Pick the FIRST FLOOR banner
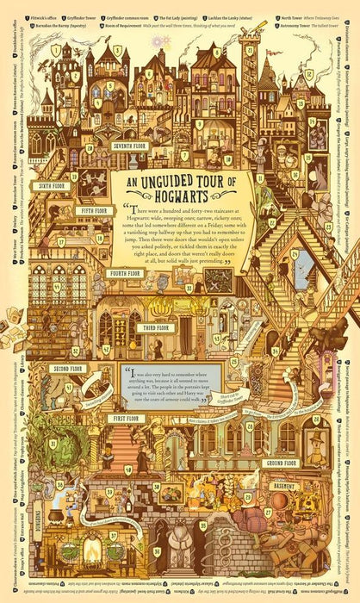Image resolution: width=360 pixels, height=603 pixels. click(126, 418)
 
